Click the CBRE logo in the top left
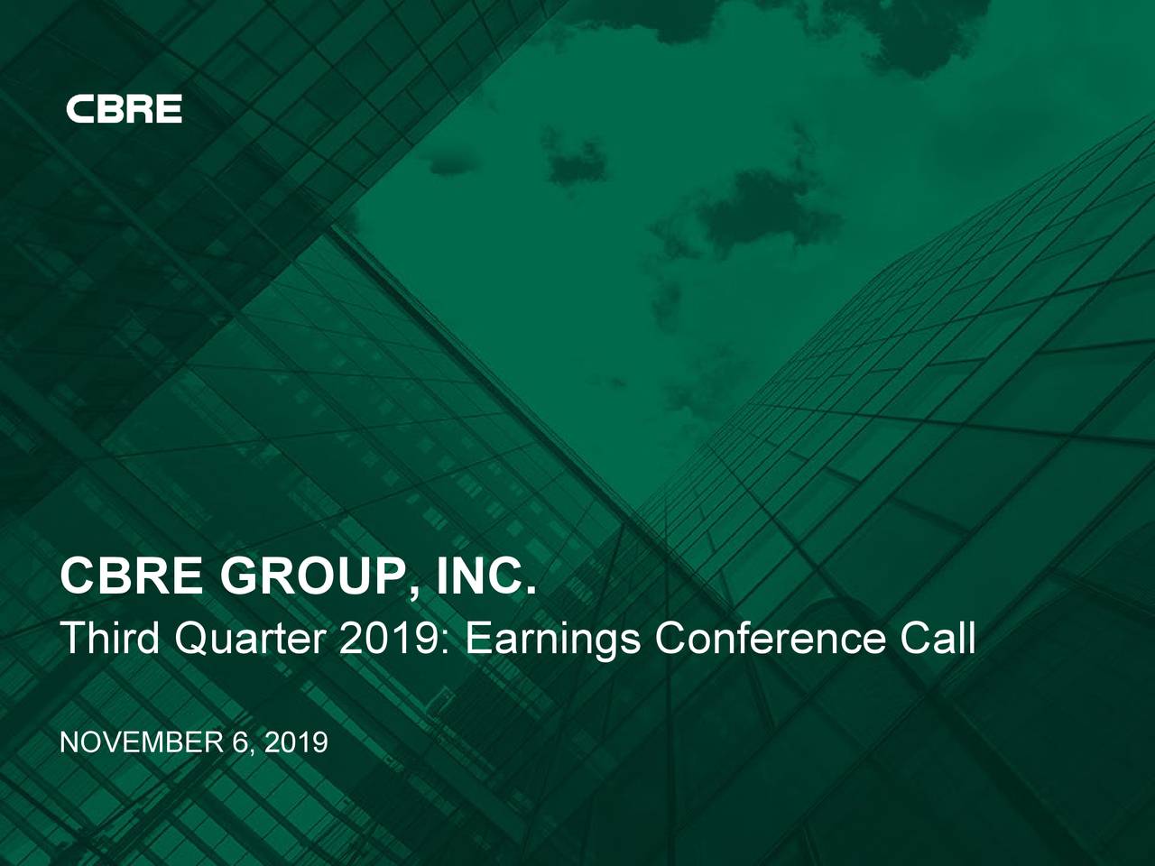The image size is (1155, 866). (124, 109)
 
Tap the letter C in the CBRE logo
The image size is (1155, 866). (79, 109)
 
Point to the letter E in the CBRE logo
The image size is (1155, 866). (168, 109)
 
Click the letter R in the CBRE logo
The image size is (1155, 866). (139, 109)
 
